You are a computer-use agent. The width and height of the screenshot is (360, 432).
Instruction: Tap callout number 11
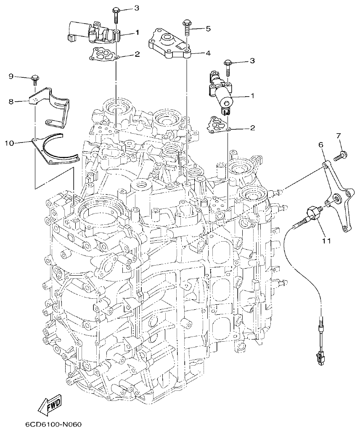pyautogui.click(x=326, y=241)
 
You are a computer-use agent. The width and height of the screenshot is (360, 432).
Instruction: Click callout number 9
pyautogui.click(x=11, y=76)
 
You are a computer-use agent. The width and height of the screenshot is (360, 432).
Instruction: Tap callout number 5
pyautogui.click(x=208, y=29)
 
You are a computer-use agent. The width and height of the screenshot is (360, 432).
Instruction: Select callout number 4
pyautogui.click(x=208, y=53)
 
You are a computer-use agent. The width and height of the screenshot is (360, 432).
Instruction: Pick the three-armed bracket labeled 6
pyautogui.click(x=337, y=198)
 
